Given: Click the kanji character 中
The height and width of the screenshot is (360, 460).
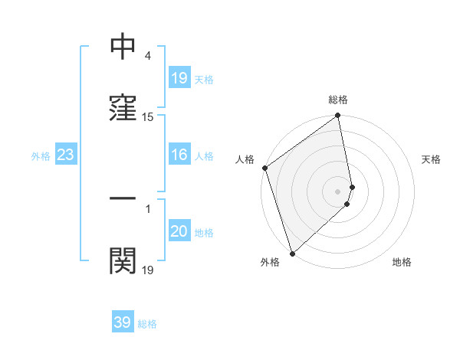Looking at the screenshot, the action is point(123,47).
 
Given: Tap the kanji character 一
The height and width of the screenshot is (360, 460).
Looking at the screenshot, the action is point(123,198).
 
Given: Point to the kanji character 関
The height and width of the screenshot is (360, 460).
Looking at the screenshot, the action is point(123,260).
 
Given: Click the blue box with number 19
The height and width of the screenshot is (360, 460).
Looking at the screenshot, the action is point(179,78).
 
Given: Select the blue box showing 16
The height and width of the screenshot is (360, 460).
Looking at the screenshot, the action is point(179,155).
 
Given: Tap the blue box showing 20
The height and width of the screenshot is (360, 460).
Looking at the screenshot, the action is point(179,232).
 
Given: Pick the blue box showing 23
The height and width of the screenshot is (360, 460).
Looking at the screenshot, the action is point(66,155).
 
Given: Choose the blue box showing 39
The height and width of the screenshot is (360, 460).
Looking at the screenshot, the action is point(123,322).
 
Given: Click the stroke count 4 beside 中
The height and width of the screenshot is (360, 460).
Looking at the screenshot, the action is point(147,57).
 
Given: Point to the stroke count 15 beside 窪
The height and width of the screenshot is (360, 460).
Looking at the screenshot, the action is point(148,117).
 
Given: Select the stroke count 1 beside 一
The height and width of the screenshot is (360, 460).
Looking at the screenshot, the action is point(147,208).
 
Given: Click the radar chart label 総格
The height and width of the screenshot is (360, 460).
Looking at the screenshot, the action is point(338,100).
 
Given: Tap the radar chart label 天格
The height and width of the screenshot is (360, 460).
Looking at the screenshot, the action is point(432,159).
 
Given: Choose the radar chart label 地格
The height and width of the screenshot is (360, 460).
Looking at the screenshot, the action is point(402,262).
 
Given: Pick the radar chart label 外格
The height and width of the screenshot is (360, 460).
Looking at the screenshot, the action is point(270,262).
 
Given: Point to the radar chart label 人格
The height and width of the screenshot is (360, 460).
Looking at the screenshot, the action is point(245,159).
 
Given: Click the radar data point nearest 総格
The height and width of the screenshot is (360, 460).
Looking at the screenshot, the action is point(337,116).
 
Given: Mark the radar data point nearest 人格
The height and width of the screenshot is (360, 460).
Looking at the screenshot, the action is point(264,168).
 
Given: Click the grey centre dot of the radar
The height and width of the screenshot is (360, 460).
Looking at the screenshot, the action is point(338,191).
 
